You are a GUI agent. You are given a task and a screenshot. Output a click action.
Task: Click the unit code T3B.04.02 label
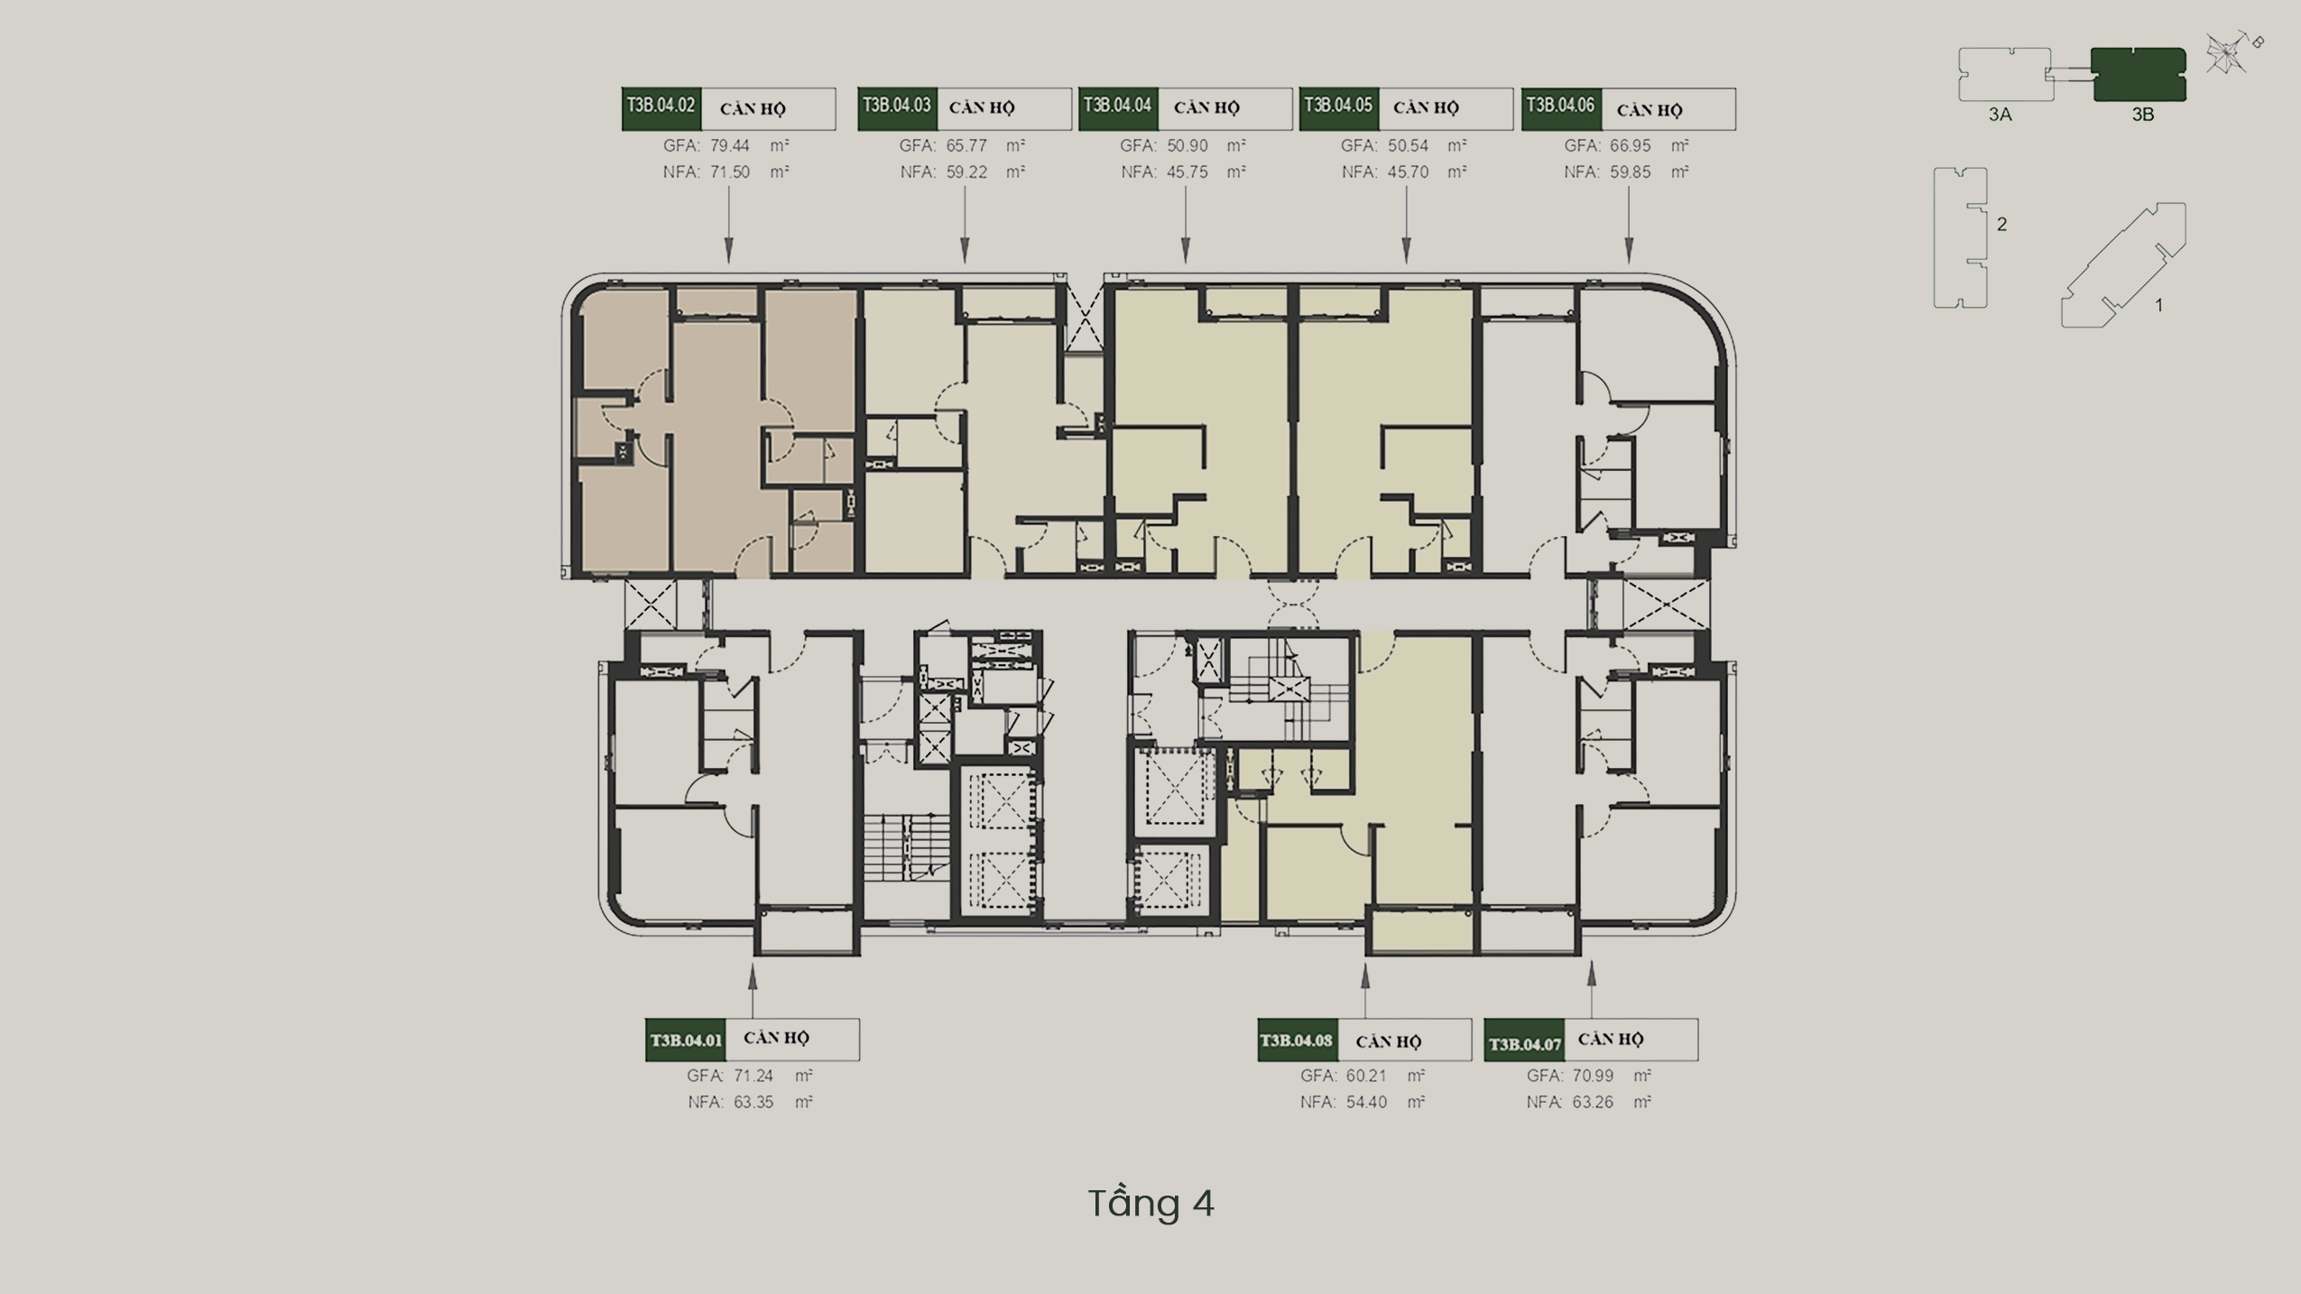point(661,106)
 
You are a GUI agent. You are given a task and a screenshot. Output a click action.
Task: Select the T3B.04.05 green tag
point(1338,106)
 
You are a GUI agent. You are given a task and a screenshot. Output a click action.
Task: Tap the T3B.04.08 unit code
point(1297,1040)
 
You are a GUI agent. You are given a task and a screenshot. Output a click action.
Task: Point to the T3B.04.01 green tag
point(686,1040)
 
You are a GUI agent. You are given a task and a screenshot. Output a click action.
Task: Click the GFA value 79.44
point(730,145)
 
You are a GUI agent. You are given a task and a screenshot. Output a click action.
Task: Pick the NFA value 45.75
point(1187,171)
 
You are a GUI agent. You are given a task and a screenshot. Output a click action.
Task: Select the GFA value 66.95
point(1631,145)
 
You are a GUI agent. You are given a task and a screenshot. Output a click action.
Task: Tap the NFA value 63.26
point(1593,1102)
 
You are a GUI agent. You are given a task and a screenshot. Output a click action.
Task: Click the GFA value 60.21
point(1366,1076)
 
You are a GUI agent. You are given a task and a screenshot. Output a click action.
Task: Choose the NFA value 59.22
point(966,171)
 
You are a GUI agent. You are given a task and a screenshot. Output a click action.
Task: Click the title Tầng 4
point(1151,1203)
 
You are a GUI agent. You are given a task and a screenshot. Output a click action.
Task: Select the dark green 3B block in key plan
point(2139,75)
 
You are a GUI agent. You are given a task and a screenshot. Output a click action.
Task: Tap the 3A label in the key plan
point(2001,116)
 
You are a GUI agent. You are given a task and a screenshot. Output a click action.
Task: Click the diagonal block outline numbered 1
point(2123,264)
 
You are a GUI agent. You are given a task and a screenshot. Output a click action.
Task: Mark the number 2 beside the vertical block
point(2002,224)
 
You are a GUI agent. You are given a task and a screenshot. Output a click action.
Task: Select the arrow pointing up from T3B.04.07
point(1592,989)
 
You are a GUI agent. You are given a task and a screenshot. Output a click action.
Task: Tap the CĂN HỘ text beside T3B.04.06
point(1650,110)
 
